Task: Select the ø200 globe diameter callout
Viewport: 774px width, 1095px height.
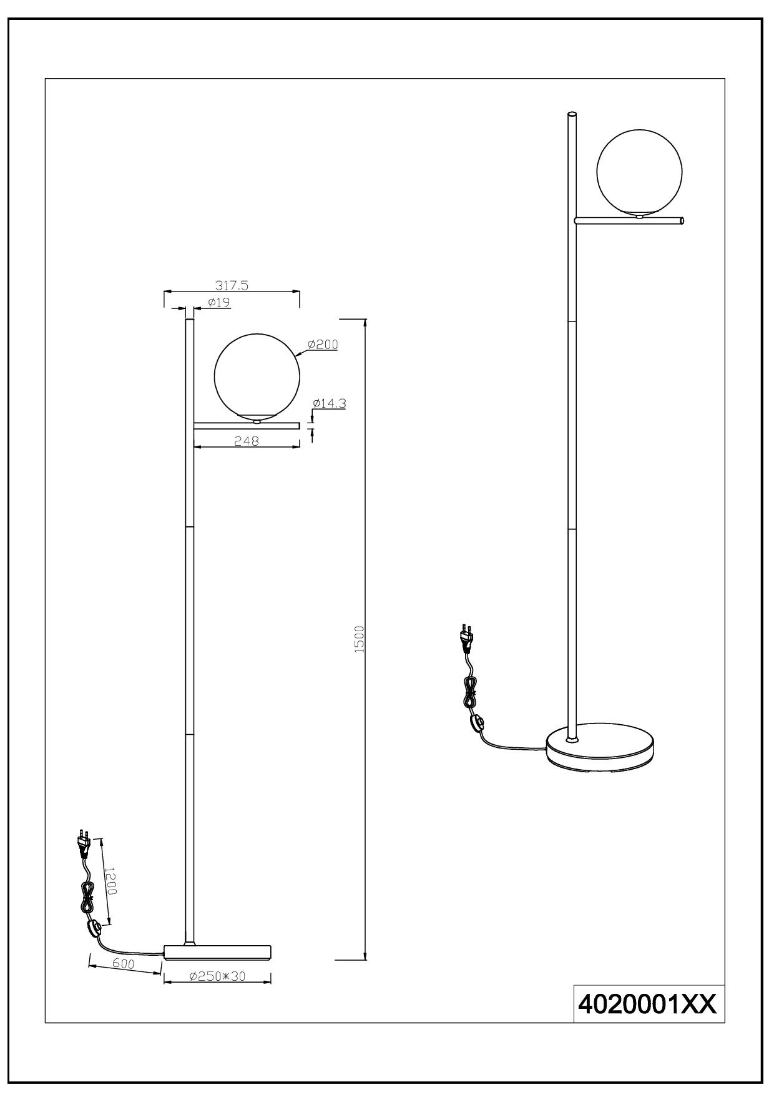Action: pyautogui.click(x=323, y=344)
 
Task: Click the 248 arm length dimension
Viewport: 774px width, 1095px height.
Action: pyautogui.click(x=246, y=440)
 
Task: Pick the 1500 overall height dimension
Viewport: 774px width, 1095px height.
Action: pyautogui.click(x=359, y=639)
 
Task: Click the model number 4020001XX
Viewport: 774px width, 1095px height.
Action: pyautogui.click(x=649, y=1004)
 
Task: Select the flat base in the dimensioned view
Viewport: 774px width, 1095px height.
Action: pyautogui.click(x=217, y=968)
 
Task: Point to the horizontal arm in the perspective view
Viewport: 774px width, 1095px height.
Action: pyautogui.click(x=629, y=220)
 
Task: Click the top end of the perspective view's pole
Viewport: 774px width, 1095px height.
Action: pyautogui.click(x=571, y=114)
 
